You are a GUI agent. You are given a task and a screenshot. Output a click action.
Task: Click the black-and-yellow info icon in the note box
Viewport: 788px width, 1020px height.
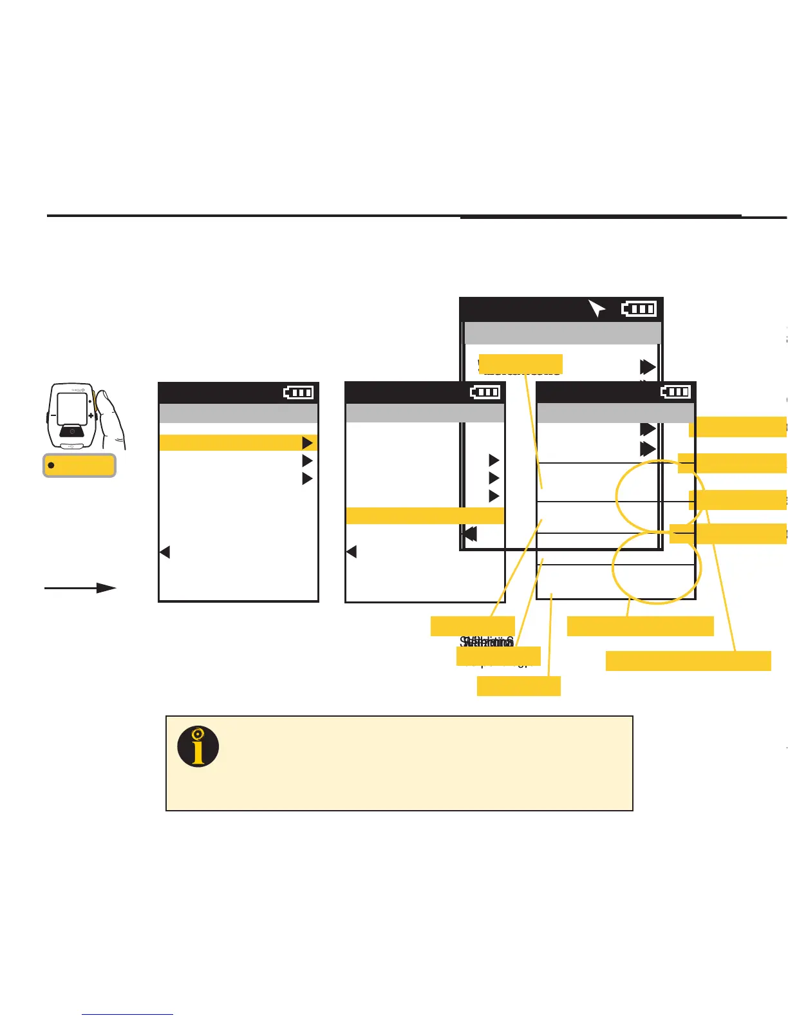pos(198,747)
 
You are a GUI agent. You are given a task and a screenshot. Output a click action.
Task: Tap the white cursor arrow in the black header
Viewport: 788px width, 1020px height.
pos(597,309)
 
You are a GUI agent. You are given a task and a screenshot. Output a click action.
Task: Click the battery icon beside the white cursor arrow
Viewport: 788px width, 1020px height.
pos(639,309)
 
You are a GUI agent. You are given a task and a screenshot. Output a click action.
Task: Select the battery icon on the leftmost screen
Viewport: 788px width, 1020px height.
pos(299,392)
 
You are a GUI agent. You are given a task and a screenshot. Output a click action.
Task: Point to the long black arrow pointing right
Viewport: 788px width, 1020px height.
pos(80,588)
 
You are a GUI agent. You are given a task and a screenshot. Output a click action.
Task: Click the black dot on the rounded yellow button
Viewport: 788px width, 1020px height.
pos(52,465)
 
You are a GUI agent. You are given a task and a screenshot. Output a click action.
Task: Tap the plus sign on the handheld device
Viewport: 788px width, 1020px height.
pos(91,415)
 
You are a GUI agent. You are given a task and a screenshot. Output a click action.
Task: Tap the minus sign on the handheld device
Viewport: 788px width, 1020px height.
pos(53,415)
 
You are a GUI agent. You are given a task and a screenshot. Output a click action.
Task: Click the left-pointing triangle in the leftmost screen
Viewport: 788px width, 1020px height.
pos(165,552)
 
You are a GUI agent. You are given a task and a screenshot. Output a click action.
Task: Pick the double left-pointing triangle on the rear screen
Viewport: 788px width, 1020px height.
pos(471,534)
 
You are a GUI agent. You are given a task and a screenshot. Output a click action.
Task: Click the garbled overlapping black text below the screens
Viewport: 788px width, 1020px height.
pos(487,642)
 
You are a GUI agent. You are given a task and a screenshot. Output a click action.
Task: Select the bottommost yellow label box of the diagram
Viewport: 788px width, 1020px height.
pos(518,686)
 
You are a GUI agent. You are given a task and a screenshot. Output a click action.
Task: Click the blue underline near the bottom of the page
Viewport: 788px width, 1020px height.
pos(127,1014)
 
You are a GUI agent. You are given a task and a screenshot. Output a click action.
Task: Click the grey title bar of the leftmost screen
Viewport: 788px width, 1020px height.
pos(238,413)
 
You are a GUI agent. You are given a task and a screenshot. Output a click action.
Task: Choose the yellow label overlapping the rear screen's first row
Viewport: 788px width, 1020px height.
pos(521,364)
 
